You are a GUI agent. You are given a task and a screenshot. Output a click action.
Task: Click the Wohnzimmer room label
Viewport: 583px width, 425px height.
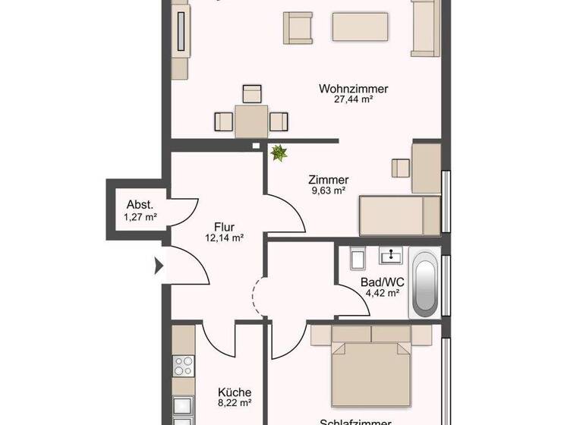point(354,89)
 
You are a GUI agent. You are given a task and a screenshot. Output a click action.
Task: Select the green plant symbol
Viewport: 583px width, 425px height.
point(279,153)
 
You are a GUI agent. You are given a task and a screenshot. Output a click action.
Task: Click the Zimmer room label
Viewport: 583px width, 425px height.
point(328,180)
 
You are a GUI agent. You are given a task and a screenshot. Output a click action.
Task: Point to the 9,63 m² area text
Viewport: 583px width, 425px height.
point(328,191)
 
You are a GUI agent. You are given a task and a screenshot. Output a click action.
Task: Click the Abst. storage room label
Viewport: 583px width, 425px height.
point(140,205)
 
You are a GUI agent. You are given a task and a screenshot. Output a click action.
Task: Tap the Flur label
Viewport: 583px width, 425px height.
point(224,226)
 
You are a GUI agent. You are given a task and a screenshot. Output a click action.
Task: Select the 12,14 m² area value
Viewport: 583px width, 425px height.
point(224,238)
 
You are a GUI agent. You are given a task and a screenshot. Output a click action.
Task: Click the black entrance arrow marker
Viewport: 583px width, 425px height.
point(159,266)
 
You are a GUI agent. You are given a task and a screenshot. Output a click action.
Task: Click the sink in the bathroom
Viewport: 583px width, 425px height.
point(392,256)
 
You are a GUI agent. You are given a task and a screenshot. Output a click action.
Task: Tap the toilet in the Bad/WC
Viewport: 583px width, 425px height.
point(358,258)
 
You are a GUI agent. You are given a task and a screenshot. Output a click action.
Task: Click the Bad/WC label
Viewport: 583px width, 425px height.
point(383,282)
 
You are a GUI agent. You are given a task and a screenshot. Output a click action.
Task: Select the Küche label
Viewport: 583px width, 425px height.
point(234,392)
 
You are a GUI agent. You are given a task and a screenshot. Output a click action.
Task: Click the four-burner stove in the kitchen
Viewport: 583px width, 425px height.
point(183,366)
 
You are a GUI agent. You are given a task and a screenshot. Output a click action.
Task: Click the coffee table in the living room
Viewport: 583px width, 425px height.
point(361,28)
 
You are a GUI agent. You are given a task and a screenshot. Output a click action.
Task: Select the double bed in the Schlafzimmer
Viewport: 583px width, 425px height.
point(370,372)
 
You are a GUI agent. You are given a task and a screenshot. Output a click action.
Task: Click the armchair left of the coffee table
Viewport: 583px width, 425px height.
point(298,28)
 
